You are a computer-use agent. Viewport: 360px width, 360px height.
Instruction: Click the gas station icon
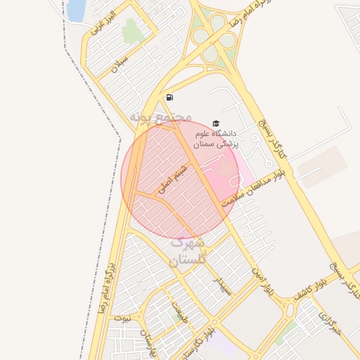169,98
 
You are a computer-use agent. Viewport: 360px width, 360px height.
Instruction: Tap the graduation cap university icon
214,124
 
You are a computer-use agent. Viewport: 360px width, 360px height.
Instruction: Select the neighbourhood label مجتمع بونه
161,116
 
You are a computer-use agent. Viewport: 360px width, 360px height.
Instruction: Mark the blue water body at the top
76,9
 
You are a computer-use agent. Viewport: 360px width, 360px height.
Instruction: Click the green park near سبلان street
131,31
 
